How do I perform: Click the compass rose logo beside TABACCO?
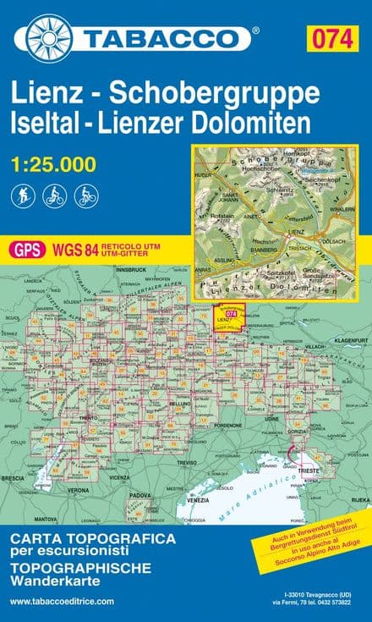click(49, 38)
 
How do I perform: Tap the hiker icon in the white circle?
click(21, 196)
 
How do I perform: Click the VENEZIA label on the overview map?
click(197, 500)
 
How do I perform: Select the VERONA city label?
click(78, 490)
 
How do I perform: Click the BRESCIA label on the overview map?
click(14, 478)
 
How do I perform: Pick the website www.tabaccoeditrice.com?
click(62, 601)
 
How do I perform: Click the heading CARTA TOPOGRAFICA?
click(93, 538)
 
